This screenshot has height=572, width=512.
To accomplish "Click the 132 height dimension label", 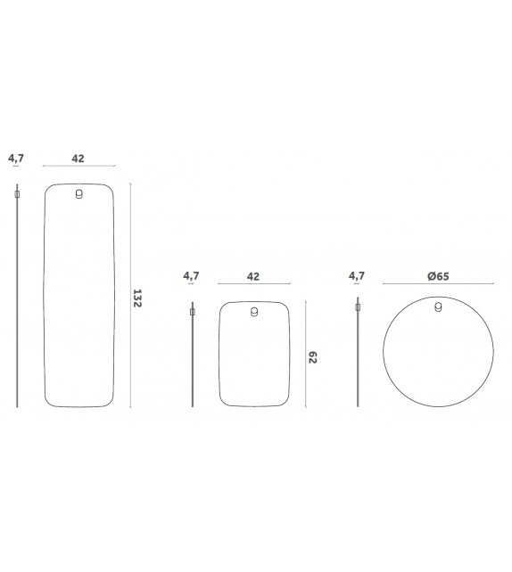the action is click(x=137, y=298).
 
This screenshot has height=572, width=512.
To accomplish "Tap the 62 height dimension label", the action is click(x=312, y=357).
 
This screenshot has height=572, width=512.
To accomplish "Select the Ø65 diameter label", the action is click(x=438, y=276).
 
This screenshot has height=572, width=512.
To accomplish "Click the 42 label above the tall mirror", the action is click(x=78, y=159).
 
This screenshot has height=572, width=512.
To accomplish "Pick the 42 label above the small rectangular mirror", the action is click(x=253, y=276).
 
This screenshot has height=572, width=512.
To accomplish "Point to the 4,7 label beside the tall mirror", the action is click(x=16, y=159).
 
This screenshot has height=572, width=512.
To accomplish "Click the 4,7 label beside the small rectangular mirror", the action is click(x=191, y=276).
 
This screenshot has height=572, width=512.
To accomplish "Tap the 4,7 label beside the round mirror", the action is click(x=357, y=276).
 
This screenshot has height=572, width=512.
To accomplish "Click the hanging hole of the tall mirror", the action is click(x=78, y=194).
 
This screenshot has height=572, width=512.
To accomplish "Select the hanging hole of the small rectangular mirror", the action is click(x=254, y=312).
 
